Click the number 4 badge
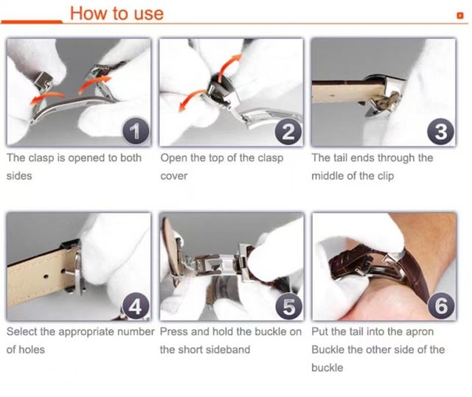coord(134,305)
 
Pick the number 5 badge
coord(288,305)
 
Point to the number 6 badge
coord(440,305)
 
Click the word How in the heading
coord(88,13)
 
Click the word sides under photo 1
coord(20,176)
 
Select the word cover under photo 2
coord(174,176)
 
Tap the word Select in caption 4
coord(24,331)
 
